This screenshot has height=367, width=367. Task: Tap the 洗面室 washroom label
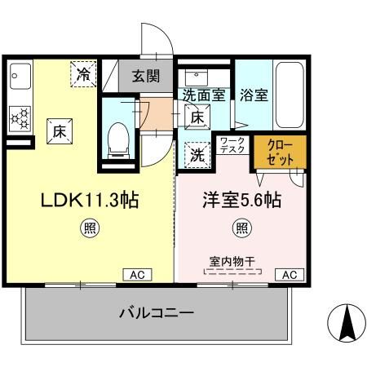tap(203, 94)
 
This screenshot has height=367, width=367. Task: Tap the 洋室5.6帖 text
tap(241, 200)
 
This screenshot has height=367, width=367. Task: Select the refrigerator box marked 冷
tap(84, 73)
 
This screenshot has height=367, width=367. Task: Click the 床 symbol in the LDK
tap(60, 130)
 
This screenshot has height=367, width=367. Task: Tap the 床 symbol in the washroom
tap(197, 117)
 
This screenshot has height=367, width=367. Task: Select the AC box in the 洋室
tap(288, 274)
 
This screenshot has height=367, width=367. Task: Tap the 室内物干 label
tap(233, 261)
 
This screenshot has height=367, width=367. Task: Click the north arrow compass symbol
tap(345, 323)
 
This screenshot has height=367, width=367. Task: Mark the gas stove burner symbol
tap(20, 117)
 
